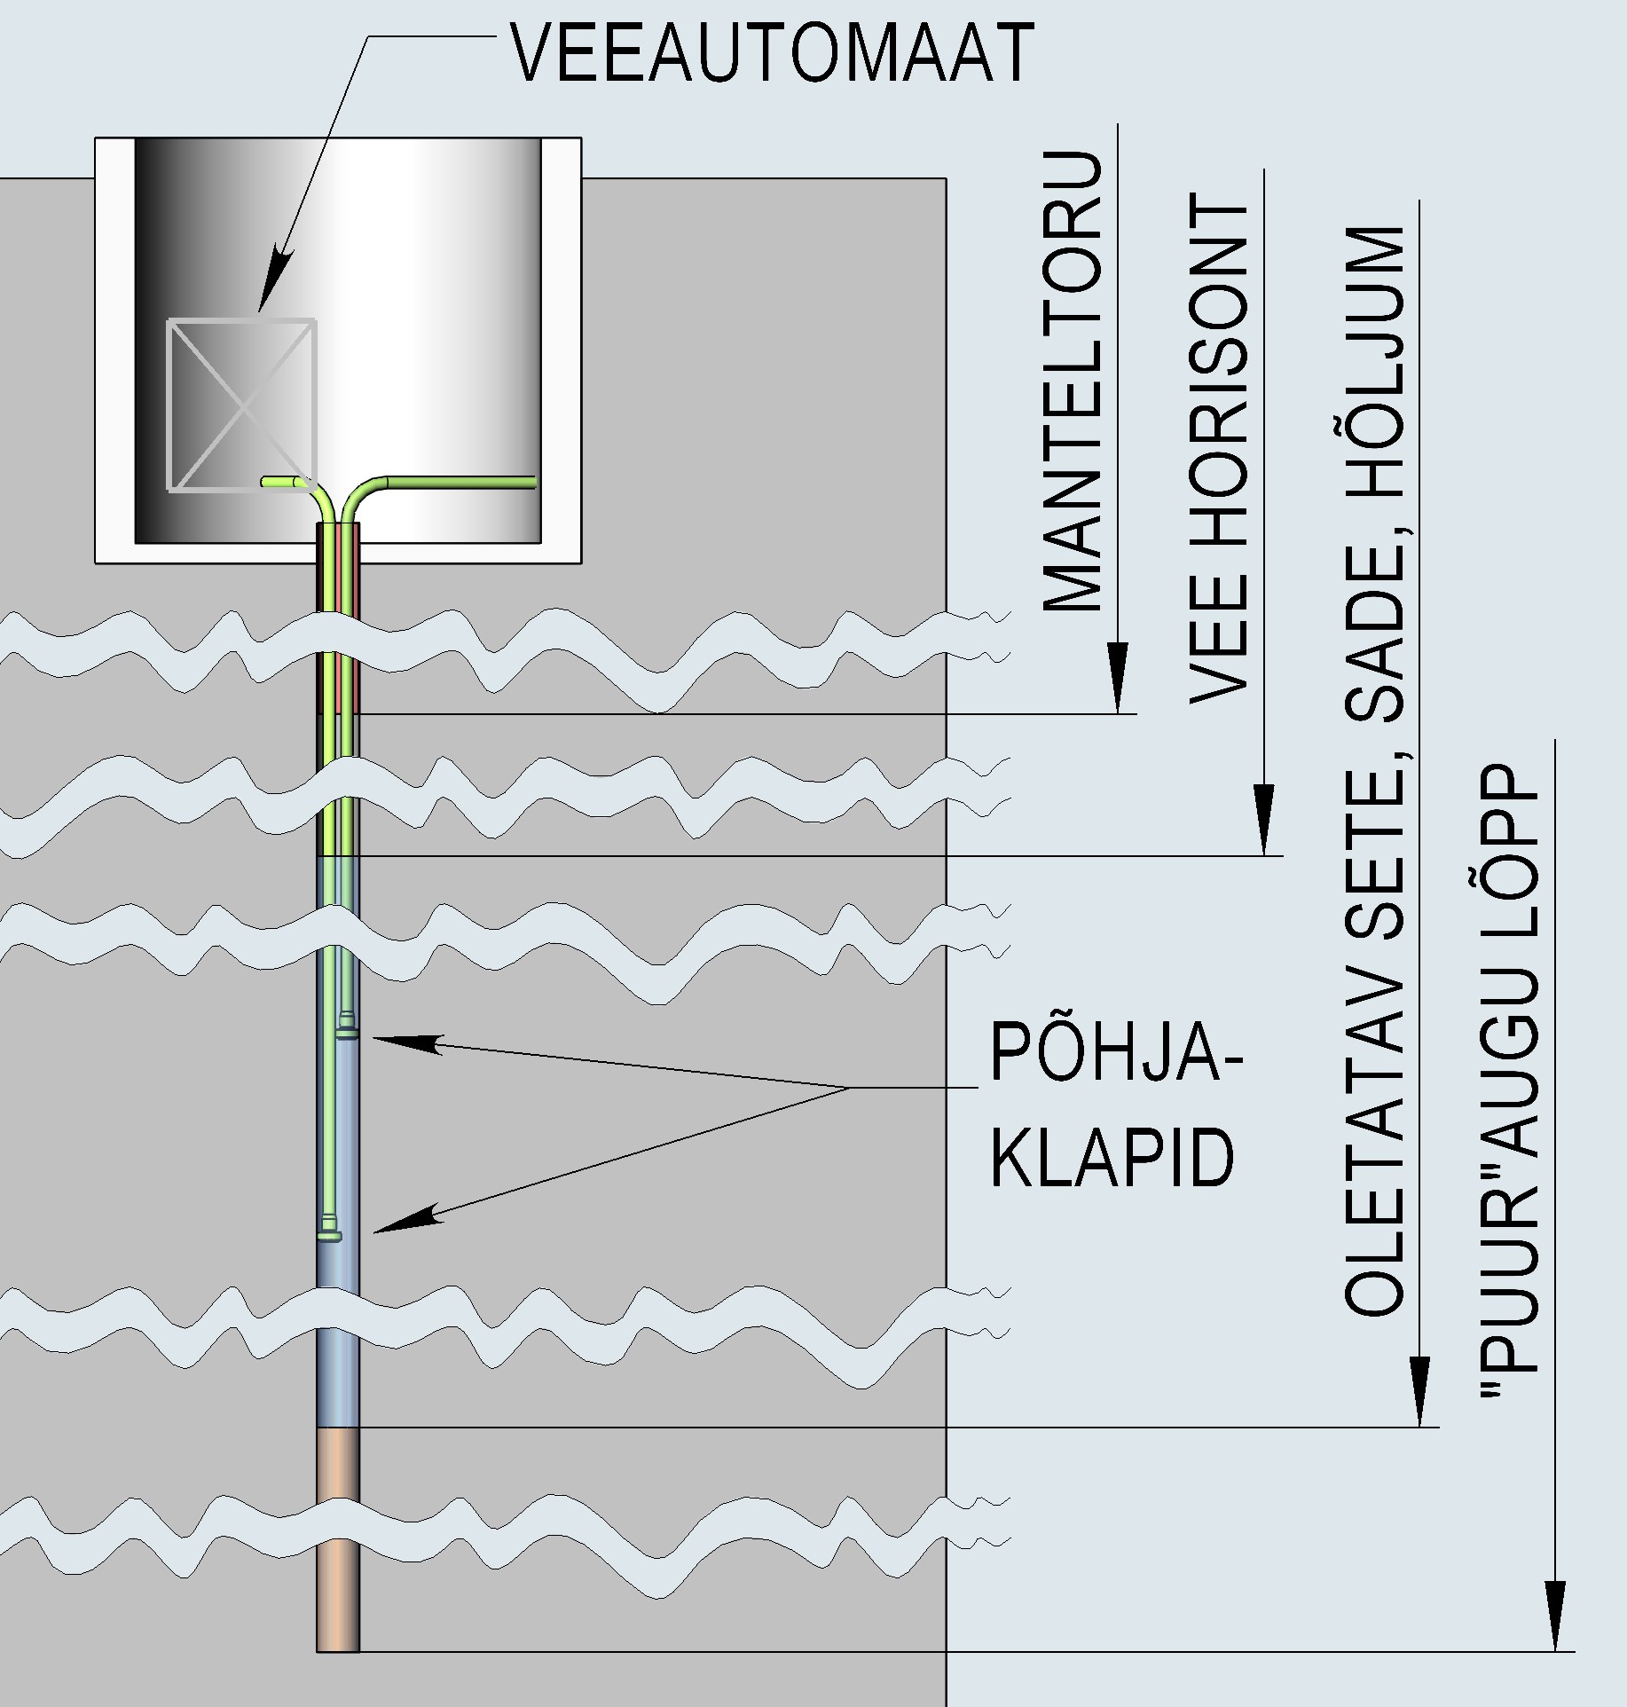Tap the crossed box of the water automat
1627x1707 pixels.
click(x=241, y=405)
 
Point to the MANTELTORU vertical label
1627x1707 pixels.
click(x=1073, y=382)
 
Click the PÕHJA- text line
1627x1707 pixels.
click(x=1116, y=1052)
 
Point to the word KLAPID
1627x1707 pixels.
click(x=1112, y=1157)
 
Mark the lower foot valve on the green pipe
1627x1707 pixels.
click(x=329, y=1234)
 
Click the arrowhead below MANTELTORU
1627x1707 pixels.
click(x=1118, y=679)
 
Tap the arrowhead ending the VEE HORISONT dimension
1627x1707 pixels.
click(x=1264, y=821)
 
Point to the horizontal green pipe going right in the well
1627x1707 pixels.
click(x=461, y=483)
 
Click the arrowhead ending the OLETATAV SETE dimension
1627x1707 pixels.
click(x=1419, y=1392)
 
